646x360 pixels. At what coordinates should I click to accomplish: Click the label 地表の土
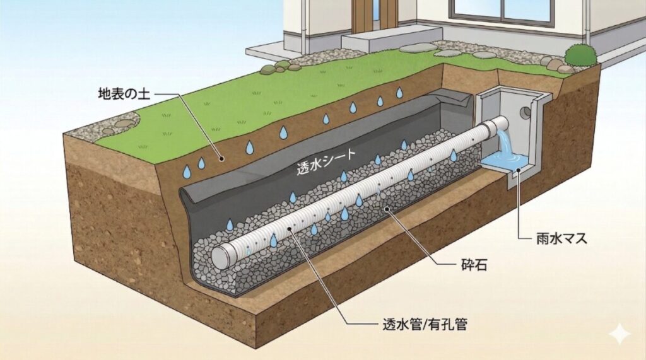tap(124, 95)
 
